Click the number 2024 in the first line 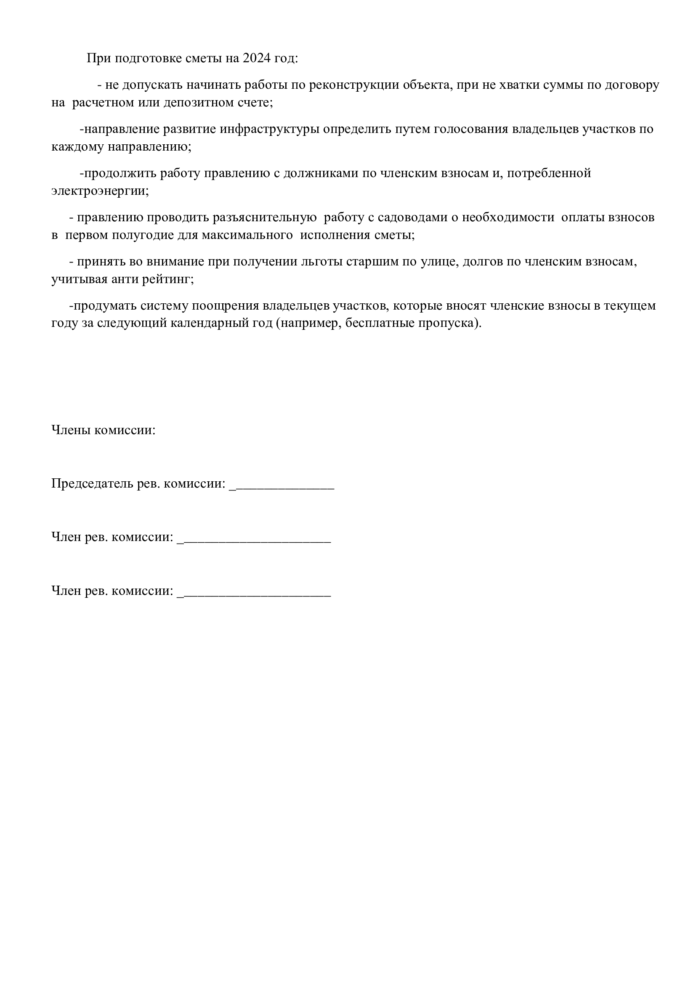(257, 58)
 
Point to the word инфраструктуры (270, 129)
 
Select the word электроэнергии (100, 191)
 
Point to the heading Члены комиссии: (103, 430)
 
